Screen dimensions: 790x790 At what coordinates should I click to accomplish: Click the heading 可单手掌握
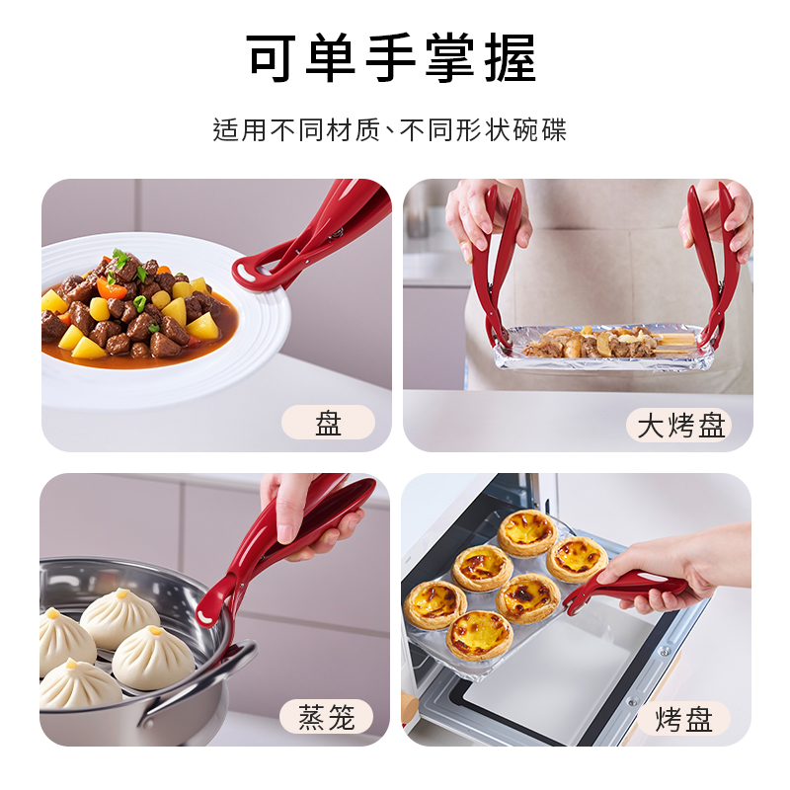point(391,58)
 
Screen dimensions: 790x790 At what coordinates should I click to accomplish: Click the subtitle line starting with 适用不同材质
point(389,130)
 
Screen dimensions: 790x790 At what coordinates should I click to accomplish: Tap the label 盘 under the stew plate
point(329,423)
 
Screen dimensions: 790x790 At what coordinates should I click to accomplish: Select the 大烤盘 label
point(680,426)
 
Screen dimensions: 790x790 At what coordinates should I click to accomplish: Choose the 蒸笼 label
point(327,717)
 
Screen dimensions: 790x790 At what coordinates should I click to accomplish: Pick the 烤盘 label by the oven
point(683,719)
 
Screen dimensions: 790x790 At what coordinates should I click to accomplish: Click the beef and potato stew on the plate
point(136,307)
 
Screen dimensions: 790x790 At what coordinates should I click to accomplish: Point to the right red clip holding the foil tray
point(715,262)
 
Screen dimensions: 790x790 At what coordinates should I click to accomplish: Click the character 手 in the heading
point(390,58)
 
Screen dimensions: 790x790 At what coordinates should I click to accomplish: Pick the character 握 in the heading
point(511,58)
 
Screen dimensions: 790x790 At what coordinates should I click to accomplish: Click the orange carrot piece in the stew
point(112,289)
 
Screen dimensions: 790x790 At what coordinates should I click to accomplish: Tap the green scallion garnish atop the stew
point(120,259)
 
